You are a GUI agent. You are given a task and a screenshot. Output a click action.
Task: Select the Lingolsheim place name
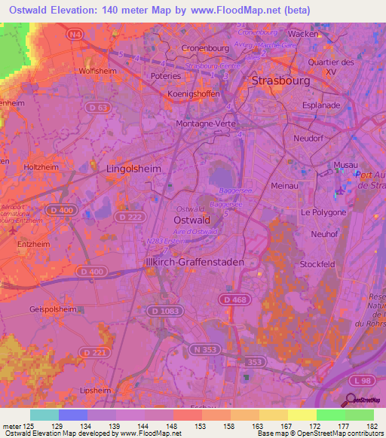[134, 169]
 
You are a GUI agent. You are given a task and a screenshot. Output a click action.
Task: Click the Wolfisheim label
[95, 71]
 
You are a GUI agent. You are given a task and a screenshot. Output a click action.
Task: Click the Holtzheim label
[41, 166]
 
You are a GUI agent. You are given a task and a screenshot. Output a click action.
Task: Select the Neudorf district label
[308, 138]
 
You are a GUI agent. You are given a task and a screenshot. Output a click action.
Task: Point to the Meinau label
[283, 184]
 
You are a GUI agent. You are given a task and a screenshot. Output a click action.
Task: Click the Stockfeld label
[317, 265]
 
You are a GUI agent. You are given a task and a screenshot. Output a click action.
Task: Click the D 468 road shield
[234, 300]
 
